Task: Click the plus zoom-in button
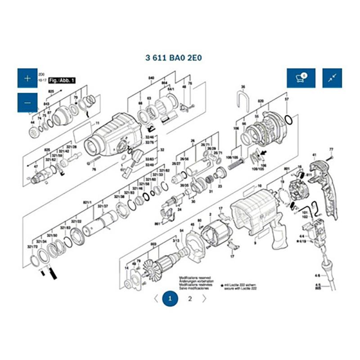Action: pos(27,78)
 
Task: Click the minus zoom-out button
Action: pos(27,103)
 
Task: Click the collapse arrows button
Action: pos(332,78)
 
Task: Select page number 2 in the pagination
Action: pos(190,298)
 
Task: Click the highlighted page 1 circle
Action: pos(170,298)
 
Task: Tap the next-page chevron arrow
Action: pos(204,298)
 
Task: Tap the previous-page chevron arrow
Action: pos(155,298)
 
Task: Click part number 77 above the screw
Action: pos(331,149)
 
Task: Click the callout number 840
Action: pos(151,78)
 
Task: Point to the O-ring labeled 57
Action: pos(290,121)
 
